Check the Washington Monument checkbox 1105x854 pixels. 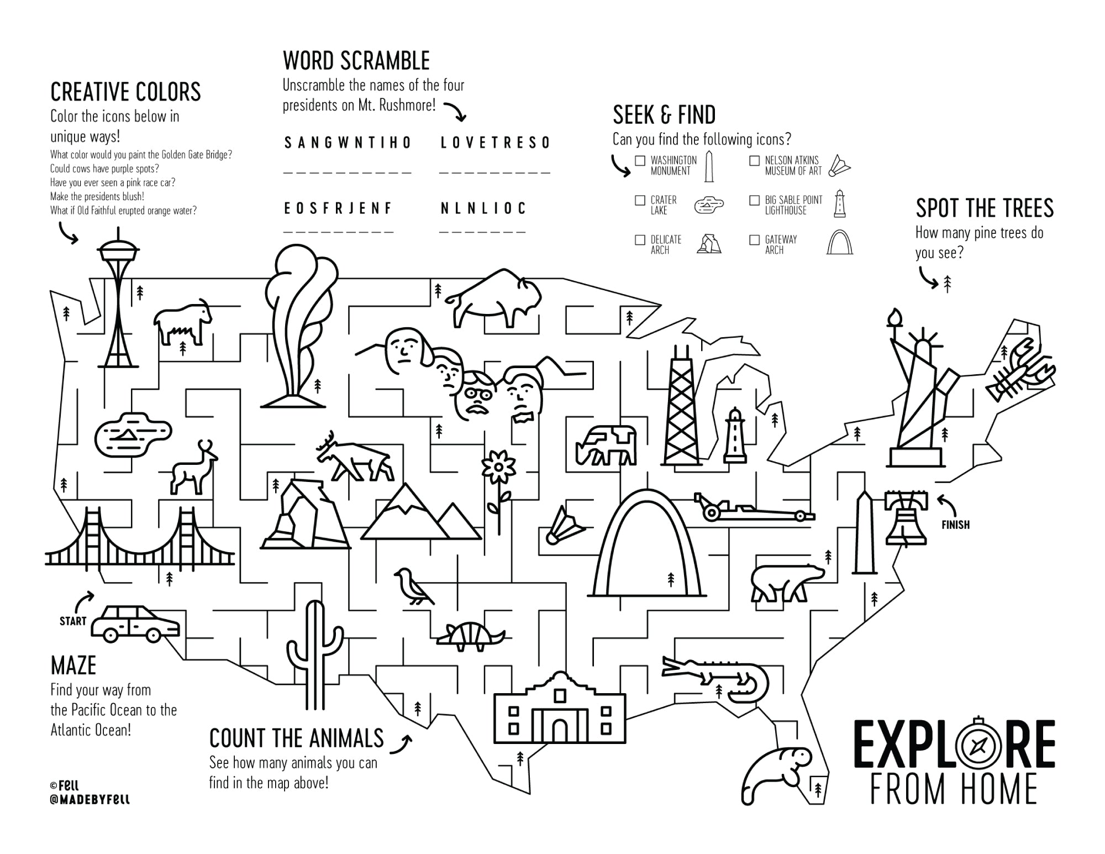click(x=640, y=161)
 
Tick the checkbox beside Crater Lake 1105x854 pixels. click(x=640, y=200)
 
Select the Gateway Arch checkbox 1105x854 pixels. click(x=754, y=240)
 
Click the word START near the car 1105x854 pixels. click(x=73, y=621)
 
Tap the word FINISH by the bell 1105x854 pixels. click(x=955, y=525)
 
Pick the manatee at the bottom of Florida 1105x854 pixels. click(x=773, y=771)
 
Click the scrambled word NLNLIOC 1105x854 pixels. click(x=483, y=208)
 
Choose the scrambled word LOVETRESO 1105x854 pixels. click(x=495, y=143)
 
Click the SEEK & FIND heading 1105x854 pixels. click(x=664, y=115)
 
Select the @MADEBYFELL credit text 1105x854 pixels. click(x=90, y=799)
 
